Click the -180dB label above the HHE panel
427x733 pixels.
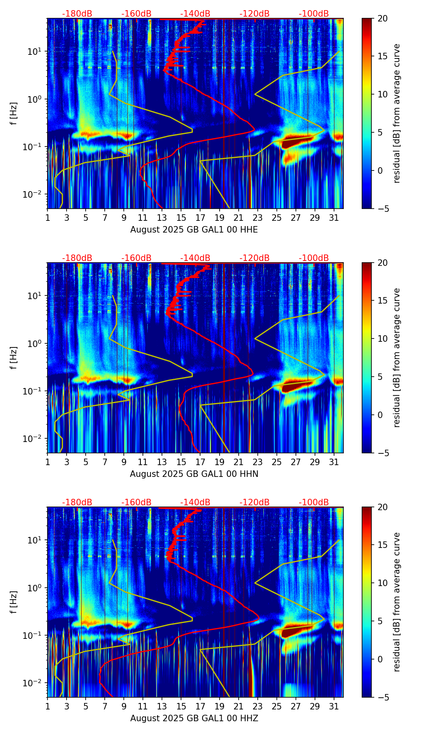pos(77,14)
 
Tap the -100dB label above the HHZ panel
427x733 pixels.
pos(314,502)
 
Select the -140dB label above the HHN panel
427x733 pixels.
pos(195,258)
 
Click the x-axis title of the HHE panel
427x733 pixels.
pos(194,230)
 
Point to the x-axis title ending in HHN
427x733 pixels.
pos(194,474)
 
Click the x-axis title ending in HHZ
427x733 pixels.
pos(194,718)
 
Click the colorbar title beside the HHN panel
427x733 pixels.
pos(397,358)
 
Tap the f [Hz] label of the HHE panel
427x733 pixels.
pos(14,113)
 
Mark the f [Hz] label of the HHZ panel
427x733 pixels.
pos(14,602)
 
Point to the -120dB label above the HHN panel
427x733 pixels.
pos(254,258)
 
